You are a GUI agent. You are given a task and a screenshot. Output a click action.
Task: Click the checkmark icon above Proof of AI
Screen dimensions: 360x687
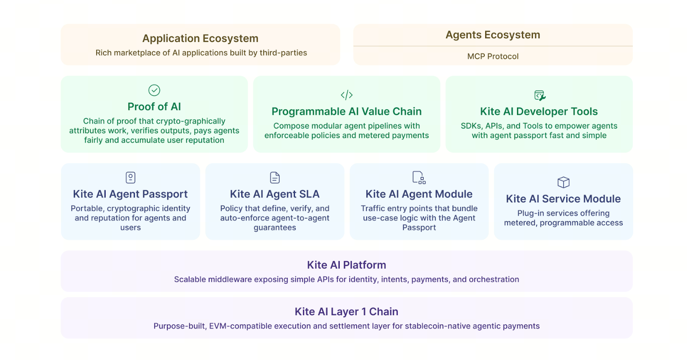[x=154, y=90]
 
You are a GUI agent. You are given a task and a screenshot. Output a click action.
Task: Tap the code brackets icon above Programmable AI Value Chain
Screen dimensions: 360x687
[x=347, y=95]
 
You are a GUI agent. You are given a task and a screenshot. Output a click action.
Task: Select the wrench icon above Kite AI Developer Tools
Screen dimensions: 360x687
[x=539, y=95]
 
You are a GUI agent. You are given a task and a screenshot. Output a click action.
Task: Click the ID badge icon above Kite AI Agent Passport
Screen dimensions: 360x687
[x=131, y=177]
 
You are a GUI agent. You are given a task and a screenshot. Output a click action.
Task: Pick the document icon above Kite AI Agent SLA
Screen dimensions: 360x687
[x=275, y=177]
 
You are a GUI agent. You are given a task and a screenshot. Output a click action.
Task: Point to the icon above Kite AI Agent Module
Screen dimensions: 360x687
[x=419, y=177]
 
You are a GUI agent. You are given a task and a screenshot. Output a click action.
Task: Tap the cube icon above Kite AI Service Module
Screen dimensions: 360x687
[x=563, y=182]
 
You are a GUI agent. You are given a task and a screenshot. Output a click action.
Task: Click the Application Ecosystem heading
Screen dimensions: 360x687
[x=200, y=38]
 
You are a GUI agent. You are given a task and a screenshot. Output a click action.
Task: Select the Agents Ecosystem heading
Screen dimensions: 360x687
[x=492, y=35]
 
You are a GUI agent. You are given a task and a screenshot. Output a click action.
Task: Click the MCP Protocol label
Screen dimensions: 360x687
[x=492, y=56]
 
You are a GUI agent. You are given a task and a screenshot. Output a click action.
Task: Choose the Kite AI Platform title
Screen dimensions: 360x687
[x=347, y=265]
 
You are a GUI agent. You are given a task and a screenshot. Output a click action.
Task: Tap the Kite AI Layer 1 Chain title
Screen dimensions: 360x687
[x=347, y=311]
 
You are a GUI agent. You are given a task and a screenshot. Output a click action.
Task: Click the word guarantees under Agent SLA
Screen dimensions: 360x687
[x=275, y=228]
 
